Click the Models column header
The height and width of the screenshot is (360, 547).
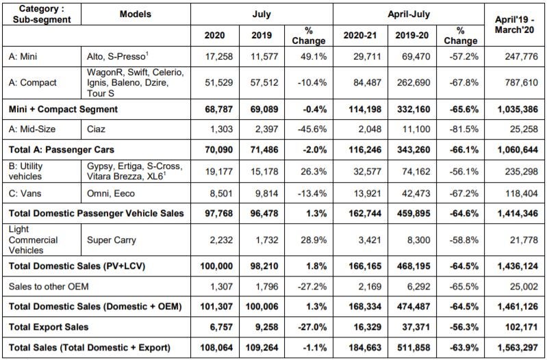point(136,14)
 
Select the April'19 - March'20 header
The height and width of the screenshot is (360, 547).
point(515,24)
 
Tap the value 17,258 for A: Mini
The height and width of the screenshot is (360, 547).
point(218,56)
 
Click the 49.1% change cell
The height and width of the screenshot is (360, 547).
point(314,56)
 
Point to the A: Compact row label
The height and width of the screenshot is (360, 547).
point(32,83)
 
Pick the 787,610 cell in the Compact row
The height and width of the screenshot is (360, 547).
point(521,83)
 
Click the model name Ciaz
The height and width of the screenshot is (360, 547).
point(96,129)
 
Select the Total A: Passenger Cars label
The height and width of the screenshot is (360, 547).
point(62,150)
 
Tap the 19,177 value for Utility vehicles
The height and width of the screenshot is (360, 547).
point(218,171)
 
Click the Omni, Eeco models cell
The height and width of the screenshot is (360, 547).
point(111,193)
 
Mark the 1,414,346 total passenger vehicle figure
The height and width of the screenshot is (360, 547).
point(518,213)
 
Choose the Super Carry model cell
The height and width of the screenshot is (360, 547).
point(112,240)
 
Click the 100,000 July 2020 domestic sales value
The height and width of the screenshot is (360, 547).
point(216,266)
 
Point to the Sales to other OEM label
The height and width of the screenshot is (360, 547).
point(49,286)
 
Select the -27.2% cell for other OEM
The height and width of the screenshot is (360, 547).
point(312,286)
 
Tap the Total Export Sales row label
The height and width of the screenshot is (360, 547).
point(49,327)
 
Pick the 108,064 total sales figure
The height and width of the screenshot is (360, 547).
point(216,348)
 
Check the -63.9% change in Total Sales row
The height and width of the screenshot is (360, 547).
point(463,348)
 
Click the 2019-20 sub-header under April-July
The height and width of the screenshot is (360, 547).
point(411,35)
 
